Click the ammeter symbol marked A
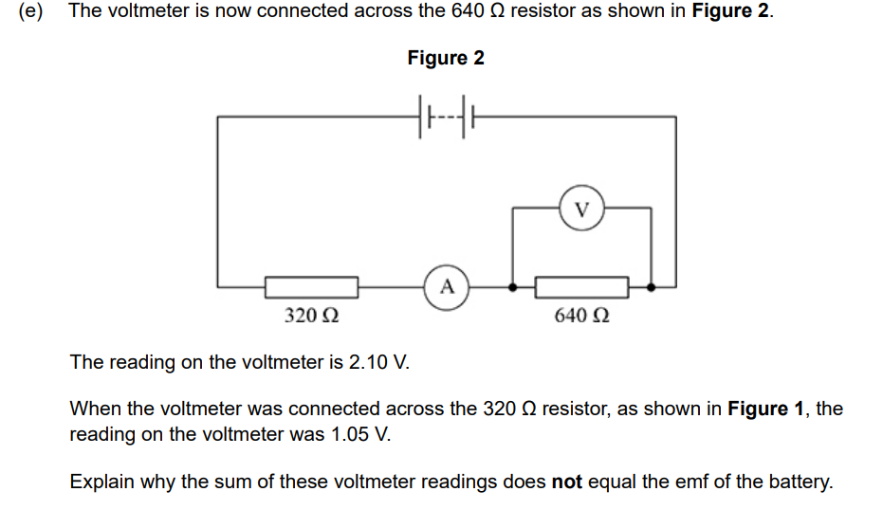(448, 284)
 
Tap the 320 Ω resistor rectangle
(311, 285)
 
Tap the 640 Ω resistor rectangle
(581, 285)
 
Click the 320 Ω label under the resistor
(312, 316)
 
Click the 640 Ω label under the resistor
(581, 316)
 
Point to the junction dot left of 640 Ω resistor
(513, 285)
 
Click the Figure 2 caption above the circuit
(446, 58)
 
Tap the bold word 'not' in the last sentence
(567, 482)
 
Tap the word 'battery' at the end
(800, 482)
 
